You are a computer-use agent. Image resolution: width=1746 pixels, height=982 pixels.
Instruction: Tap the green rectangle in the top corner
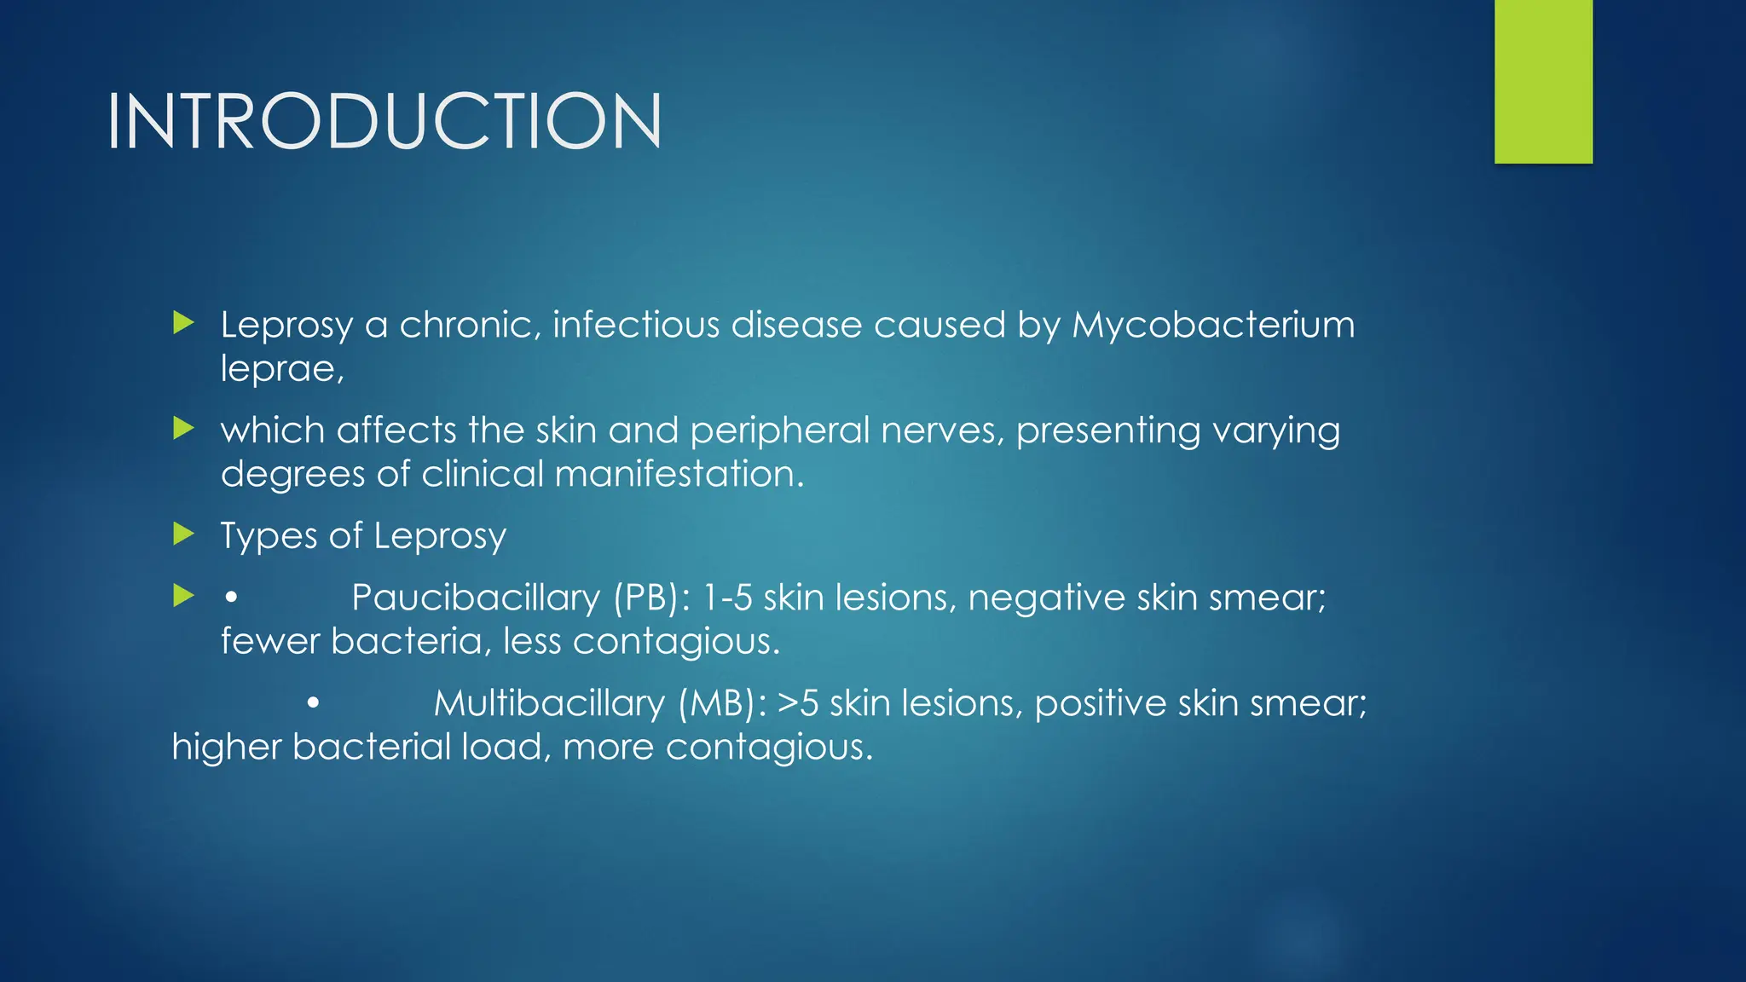1543,81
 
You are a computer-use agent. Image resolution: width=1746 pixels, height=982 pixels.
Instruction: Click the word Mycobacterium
1212,325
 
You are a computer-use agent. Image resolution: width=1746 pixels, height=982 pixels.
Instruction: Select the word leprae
281,369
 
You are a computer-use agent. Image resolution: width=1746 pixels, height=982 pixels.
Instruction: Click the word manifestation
679,474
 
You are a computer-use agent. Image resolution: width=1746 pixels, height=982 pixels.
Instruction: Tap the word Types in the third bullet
269,536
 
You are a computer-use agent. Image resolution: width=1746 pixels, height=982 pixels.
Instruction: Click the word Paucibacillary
476,598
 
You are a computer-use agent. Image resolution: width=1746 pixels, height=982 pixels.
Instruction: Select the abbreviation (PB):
652,598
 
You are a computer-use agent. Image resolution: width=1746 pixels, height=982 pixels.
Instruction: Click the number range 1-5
726,598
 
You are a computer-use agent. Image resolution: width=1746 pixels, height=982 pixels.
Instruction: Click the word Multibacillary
548,703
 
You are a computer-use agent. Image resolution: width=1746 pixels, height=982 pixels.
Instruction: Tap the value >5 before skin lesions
798,703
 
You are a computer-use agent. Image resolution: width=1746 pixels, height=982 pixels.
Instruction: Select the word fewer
270,641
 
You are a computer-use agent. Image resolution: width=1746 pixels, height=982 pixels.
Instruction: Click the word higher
226,747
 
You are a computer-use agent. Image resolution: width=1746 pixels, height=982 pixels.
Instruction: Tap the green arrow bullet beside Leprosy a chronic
183,323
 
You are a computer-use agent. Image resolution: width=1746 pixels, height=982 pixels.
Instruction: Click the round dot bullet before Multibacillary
313,703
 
